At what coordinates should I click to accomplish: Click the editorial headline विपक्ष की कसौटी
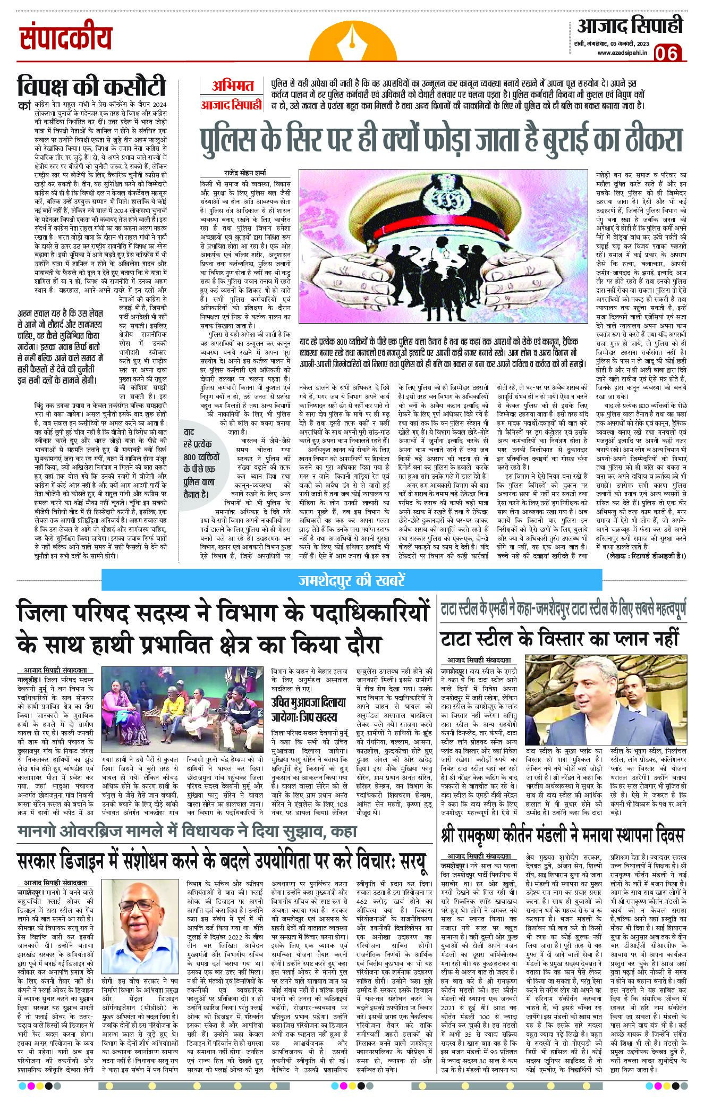[x=92, y=87]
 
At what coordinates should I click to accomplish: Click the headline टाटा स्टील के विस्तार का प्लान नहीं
[x=559, y=637]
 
